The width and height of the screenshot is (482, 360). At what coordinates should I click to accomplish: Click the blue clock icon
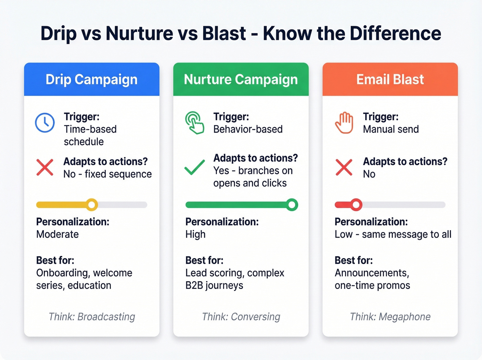[45, 123]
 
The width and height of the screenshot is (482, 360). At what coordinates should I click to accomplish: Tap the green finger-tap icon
[195, 123]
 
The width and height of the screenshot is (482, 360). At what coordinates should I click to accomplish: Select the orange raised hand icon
[344, 123]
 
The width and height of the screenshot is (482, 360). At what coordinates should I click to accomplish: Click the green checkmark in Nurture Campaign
[195, 168]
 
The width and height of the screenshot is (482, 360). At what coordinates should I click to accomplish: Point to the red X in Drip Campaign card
[45, 168]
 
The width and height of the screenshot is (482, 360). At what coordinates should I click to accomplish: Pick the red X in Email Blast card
[344, 168]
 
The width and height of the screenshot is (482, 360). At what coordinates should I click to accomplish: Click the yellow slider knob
[92, 205]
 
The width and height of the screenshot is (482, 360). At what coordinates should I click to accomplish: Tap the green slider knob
[292, 205]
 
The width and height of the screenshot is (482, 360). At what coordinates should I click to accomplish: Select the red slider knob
[356, 205]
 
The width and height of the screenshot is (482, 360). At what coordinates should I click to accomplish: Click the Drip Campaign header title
[92, 80]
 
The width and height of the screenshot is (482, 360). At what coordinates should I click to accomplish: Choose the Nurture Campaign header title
[241, 80]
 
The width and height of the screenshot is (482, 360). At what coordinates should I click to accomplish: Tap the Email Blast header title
[390, 80]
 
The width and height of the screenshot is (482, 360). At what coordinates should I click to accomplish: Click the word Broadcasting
[106, 317]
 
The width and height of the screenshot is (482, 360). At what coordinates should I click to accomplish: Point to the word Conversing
[255, 317]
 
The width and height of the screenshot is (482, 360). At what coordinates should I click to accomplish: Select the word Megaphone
[405, 317]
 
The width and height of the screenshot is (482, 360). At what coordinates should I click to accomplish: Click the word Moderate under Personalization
[57, 234]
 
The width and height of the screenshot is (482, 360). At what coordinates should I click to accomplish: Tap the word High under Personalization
[195, 234]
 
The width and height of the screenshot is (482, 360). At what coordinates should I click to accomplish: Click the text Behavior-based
[248, 129]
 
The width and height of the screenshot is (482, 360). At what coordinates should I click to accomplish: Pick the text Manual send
[391, 129]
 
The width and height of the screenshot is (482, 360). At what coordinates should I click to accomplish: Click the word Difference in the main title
[395, 33]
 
